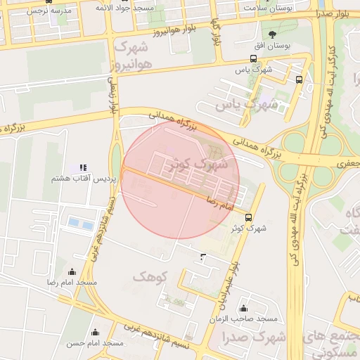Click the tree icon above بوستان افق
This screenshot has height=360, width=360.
pos(272,33)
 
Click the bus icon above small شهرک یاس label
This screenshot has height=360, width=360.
pos(253,60)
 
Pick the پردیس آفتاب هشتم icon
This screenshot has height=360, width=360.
pos(83,167)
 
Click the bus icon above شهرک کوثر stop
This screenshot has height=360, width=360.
pos(249,217)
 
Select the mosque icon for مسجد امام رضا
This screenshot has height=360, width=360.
pos(71,271)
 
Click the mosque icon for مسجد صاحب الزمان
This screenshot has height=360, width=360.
pos(243,308)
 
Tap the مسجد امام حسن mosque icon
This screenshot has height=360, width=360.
pos(95,333)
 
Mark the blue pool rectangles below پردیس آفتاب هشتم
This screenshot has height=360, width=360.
pos(80,224)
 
